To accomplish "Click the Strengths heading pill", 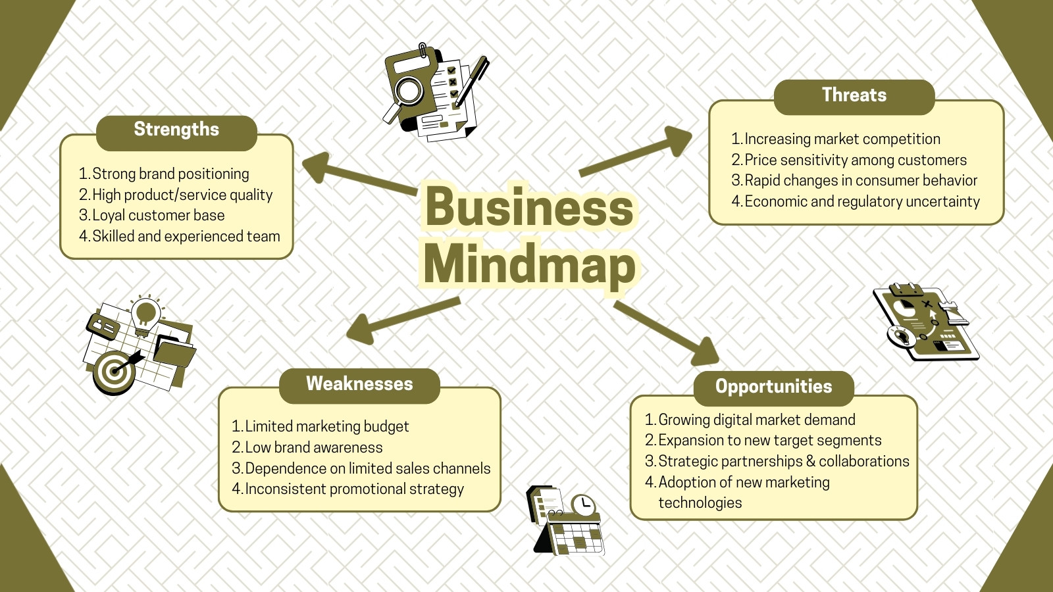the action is click(x=176, y=133).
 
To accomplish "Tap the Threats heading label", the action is click(x=854, y=97).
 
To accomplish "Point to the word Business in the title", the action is click(x=530, y=207).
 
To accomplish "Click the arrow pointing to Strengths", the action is click(x=359, y=174).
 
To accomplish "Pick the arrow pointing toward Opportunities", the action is click(x=667, y=333).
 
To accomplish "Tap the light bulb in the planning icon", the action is click(x=145, y=315).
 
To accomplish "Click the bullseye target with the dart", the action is click(x=115, y=372).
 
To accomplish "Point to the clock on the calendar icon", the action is click(x=583, y=505).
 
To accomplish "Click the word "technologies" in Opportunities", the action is click(x=700, y=503).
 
